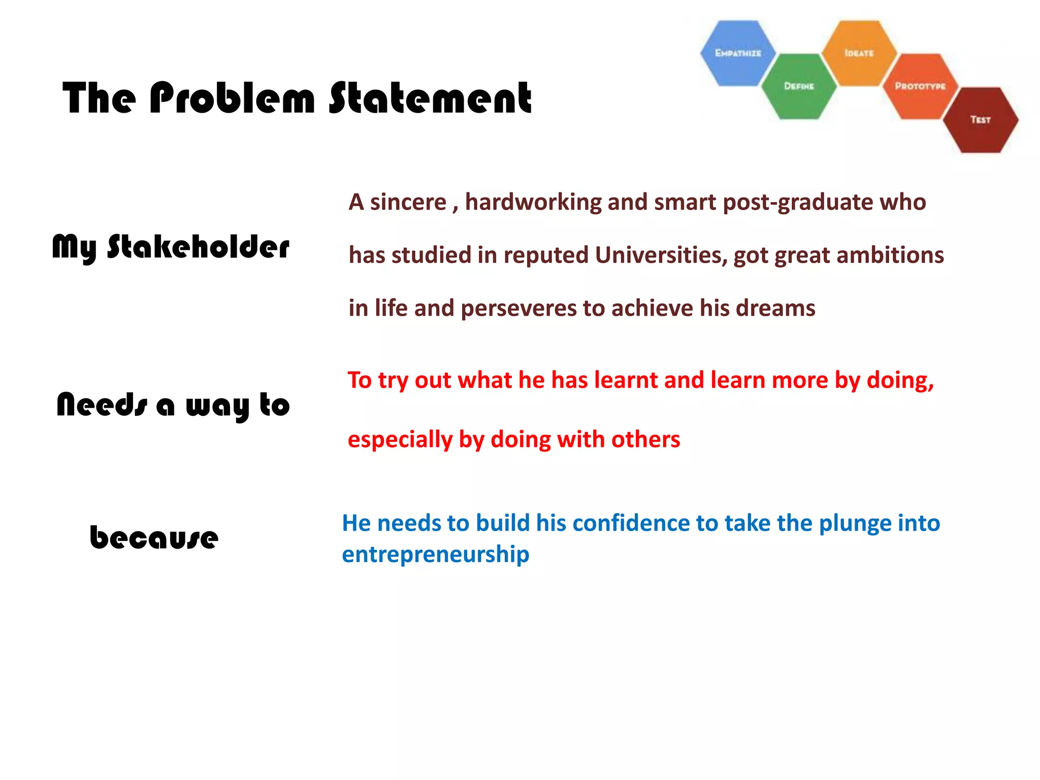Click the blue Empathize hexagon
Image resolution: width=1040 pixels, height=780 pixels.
(738, 53)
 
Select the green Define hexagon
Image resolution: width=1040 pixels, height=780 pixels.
(799, 86)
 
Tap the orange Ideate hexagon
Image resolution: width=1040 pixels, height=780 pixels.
(859, 53)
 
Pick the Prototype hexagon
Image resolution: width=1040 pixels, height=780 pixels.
(920, 86)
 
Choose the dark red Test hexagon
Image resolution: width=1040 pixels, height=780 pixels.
(981, 120)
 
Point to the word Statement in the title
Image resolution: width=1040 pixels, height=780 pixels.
(430, 98)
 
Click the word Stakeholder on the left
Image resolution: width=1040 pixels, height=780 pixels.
(198, 247)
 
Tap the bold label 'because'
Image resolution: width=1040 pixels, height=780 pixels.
(154, 537)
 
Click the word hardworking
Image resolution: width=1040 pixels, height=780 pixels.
(533, 202)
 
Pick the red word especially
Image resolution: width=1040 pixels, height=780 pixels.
(400, 440)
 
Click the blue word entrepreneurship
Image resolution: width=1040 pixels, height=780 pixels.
(435, 554)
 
